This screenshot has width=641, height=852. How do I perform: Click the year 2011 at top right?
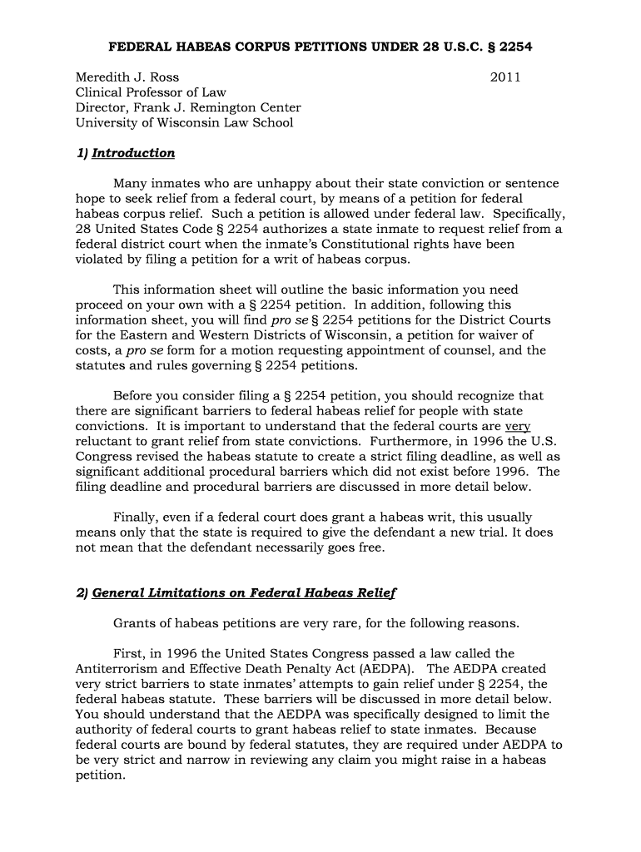tap(505, 77)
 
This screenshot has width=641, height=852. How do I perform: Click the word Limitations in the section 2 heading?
tap(179, 592)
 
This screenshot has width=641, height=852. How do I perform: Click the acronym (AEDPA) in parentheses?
tap(393, 669)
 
